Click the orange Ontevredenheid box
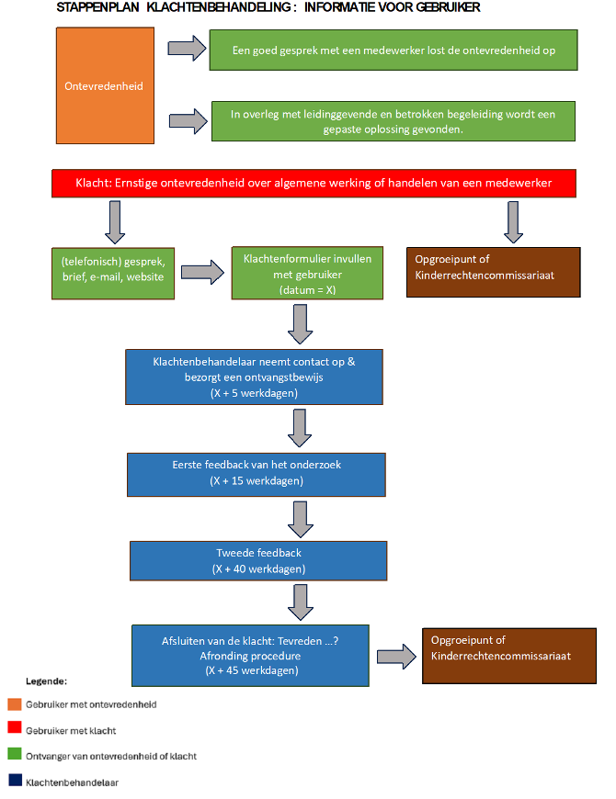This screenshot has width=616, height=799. pyautogui.click(x=105, y=85)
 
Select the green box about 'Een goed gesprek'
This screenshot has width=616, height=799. pyautogui.click(x=394, y=50)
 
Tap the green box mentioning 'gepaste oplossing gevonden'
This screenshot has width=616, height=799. pyautogui.click(x=394, y=121)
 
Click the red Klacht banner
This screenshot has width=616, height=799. pyautogui.click(x=314, y=184)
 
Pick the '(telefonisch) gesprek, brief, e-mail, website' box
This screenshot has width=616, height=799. pyautogui.click(x=113, y=274)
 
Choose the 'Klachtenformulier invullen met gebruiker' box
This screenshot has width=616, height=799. pyautogui.click(x=307, y=273)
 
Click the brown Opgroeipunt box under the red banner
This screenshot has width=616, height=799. pyautogui.click(x=493, y=272)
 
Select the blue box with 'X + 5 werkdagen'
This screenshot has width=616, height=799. pyautogui.click(x=254, y=377)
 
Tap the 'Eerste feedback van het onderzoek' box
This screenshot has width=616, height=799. pyautogui.click(x=256, y=475)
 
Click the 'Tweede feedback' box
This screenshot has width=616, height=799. pyautogui.click(x=258, y=560)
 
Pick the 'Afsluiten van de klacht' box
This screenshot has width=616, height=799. pyautogui.click(x=250, y=656)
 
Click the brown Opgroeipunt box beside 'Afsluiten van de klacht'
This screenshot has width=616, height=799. pyautogui.click(x=509, y=656)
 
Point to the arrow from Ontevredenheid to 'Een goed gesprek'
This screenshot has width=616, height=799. pyautogui.click(x=188, y=49)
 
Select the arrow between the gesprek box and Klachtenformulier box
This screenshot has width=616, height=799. pyautogui.click(x=202, y=272)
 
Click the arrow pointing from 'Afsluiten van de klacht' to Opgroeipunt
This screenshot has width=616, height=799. pyautogui.click(x=397, y=657)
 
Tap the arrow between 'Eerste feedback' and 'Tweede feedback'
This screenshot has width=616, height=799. pyautogui.click(x=301, y=519)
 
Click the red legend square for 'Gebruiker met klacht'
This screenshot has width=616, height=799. pyautogui.click(x=15, y=727)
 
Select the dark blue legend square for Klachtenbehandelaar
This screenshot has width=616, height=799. pyautogui.click(x=16, y=780)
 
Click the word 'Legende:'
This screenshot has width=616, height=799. pyautogui.click(x=46, y=681)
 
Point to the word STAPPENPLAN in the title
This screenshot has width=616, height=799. pyautogui.click(x=97, y=7)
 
